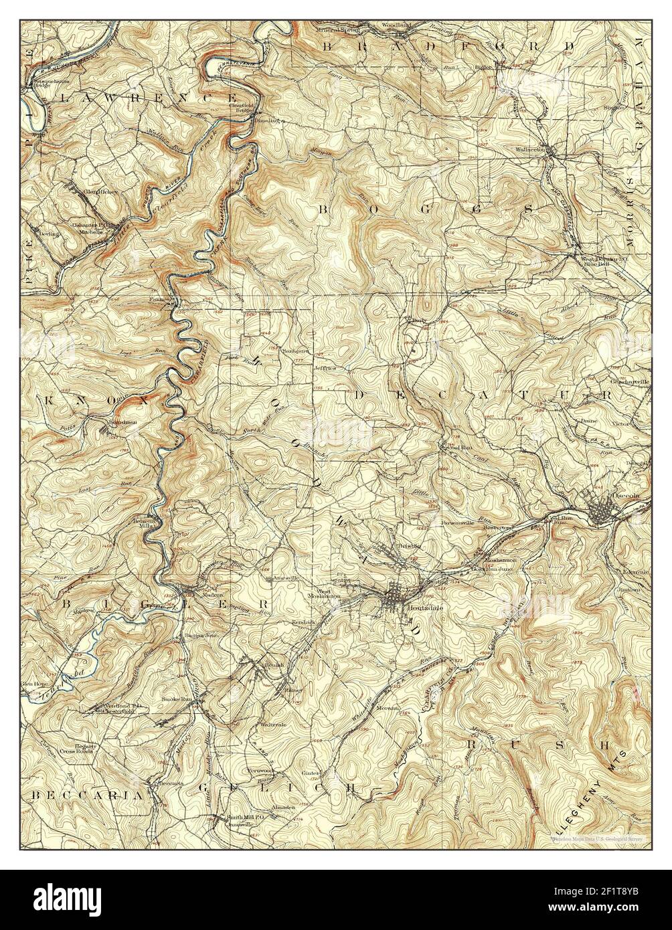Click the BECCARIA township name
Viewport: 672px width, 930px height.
pos(87,796)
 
